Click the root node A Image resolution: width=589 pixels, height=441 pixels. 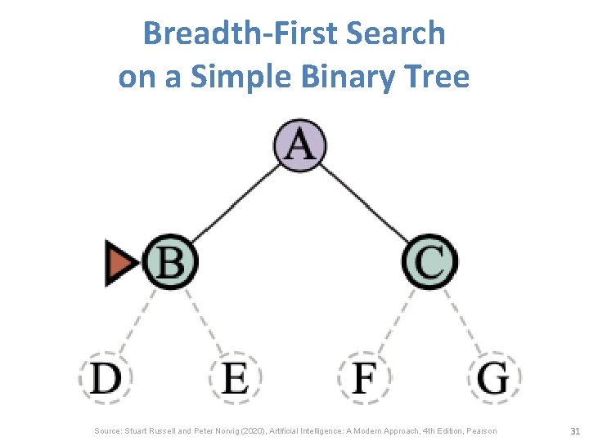(299, 145)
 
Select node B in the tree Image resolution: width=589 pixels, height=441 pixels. (170, 262)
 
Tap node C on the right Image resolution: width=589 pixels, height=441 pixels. (429, 262)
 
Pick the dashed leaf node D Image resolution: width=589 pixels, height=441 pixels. (106, 378)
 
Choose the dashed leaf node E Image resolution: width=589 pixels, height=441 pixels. (235, 378)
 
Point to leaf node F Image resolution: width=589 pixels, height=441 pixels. (364, 378)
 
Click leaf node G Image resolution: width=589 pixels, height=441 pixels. (494, 378)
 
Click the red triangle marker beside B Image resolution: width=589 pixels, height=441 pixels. (123, 263)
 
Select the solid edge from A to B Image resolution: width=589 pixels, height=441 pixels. (235, 203)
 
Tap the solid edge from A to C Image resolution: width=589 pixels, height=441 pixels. (365, 203)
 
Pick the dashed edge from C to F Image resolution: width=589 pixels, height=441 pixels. (398, 320)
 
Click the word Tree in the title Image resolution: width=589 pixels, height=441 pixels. (442, 77)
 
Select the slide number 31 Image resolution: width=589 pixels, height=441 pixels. (573, 430)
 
